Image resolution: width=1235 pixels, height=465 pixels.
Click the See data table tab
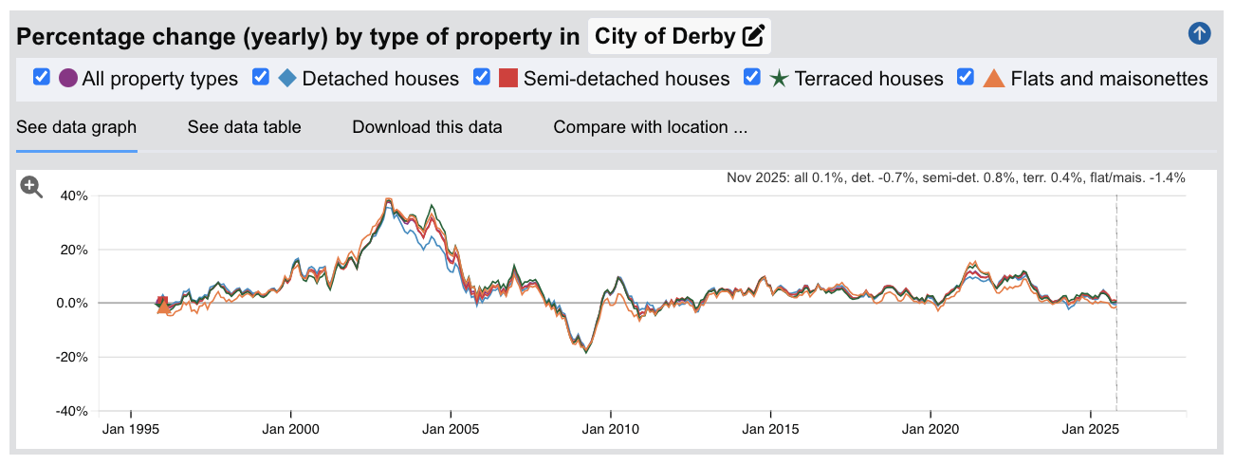click(x=244, y=127)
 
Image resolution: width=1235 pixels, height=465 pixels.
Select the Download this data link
click(x=427, y=127)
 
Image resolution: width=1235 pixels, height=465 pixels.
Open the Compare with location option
click(x=651, y=127)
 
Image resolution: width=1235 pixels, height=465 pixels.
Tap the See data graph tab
click(x=77, y=127)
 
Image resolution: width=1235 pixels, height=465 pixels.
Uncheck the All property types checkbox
click(x=42, y=78)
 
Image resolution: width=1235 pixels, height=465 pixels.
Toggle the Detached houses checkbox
click(x=261, y=78)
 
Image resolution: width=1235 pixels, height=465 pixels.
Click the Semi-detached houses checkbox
click(x=482, y=78)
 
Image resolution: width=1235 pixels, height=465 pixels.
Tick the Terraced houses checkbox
click(x=752, y=78)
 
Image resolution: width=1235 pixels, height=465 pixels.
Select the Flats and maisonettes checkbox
click(x=967, y=78)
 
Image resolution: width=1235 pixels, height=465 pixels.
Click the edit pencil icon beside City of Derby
click(x=753, y=37)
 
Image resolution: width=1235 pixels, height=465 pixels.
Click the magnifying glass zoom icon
click(x=32, y=187)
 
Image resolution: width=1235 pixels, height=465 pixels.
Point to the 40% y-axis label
click(x=73, y=196)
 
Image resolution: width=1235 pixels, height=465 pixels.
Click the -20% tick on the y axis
click(x=71, y=358)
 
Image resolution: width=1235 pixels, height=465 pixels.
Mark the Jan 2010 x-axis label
click(x=611, y=430)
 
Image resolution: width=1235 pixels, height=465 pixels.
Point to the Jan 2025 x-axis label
click(x=1091, y=430)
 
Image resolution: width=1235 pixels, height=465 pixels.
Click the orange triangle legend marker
click(x=994, y=78)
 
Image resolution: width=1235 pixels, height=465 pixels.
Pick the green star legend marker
click(x=779, y=78)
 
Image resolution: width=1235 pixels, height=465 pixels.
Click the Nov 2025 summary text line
click(x=955, y=177)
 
